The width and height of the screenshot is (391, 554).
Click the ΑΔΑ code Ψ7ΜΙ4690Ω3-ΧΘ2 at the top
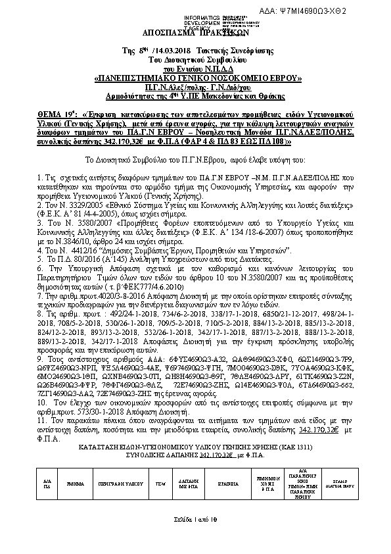[x=342, y=11]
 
